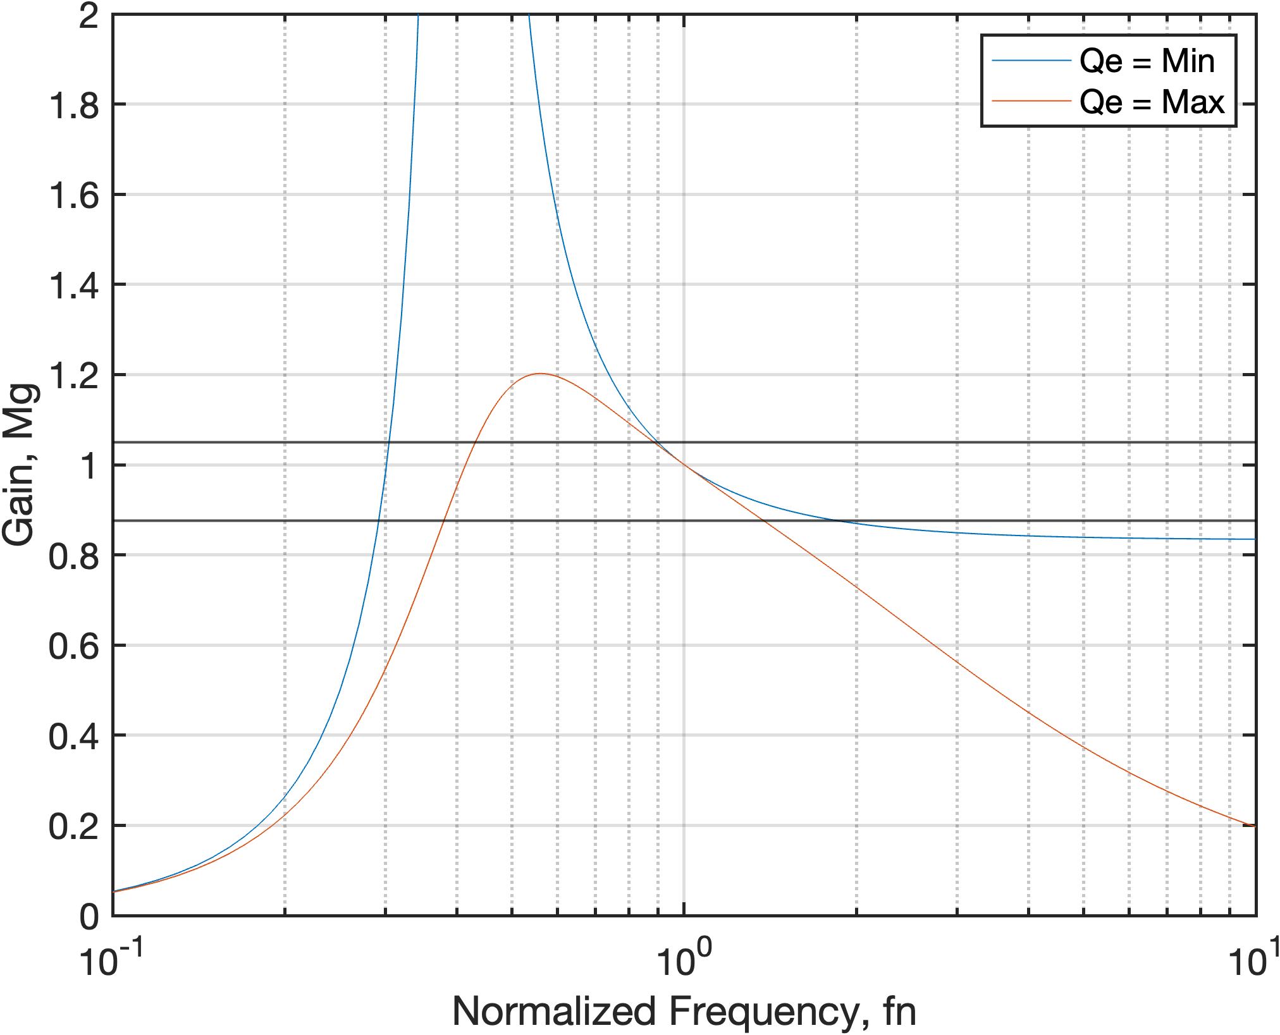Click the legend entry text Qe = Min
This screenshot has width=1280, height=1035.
tap(1147, 61)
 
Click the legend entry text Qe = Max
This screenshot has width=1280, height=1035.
tap(1152, 102)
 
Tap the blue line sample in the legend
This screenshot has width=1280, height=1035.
tap(1031, 61)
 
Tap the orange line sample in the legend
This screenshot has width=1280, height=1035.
tap(1031, 101)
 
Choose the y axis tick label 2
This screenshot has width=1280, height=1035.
tap(89, 16)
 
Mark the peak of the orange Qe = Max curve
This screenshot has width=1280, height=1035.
tap(539, 374)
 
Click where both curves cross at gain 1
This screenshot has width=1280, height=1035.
tap(684, 465)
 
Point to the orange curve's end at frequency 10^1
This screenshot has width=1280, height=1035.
tap(1255, 826)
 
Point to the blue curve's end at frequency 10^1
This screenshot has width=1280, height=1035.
tap(1255, 539)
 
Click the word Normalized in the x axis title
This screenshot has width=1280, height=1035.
tap(554, 1011)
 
